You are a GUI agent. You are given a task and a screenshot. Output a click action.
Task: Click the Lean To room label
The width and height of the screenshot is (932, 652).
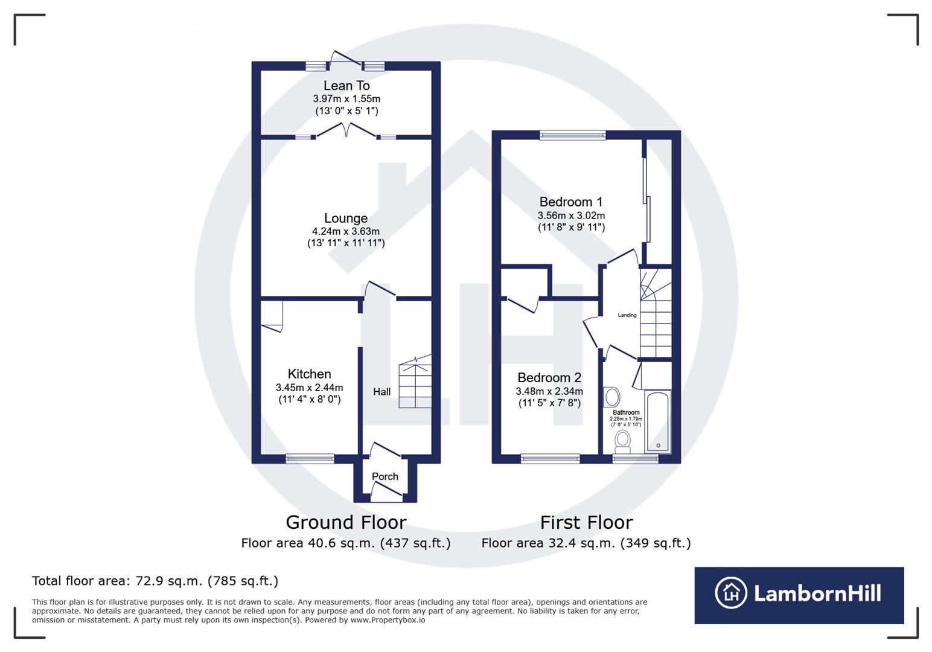point(346,86)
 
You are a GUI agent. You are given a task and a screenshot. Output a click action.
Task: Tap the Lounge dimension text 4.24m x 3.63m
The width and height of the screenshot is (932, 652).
point(345,231)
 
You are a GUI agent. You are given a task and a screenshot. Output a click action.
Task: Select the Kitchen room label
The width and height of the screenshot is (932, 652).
point(309,374)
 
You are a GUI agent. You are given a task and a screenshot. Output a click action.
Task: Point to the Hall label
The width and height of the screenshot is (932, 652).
point(381,392)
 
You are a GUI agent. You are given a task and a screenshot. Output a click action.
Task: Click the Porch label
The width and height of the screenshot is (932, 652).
point(385,476)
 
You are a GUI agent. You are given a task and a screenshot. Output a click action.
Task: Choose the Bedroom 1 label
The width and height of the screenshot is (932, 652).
point(570,202)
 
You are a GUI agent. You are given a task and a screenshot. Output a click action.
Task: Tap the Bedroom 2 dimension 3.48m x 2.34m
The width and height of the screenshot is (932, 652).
point(549,391)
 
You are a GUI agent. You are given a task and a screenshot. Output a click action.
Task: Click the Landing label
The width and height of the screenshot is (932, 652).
point(627,315)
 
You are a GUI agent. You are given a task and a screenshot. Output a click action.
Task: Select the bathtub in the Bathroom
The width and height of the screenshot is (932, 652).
point(657,421)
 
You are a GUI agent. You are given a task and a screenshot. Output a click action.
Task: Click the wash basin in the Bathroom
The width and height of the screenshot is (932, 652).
point(612,397)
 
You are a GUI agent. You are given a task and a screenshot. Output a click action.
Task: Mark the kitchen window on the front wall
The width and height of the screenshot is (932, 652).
point(310,459)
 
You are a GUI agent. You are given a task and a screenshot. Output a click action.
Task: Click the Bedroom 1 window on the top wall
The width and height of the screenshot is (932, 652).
point(572,135)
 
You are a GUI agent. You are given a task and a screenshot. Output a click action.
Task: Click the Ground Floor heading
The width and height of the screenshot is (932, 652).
point(346,522)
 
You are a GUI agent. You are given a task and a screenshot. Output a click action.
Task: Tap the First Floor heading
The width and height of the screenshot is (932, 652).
point(586,522)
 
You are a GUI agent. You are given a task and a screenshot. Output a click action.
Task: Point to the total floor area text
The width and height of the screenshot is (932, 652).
point(155,581)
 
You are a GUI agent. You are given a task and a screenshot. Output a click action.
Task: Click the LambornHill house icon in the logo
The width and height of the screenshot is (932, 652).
point(731,593)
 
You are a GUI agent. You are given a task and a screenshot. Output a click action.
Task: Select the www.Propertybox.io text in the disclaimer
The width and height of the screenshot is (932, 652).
point(388,620)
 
